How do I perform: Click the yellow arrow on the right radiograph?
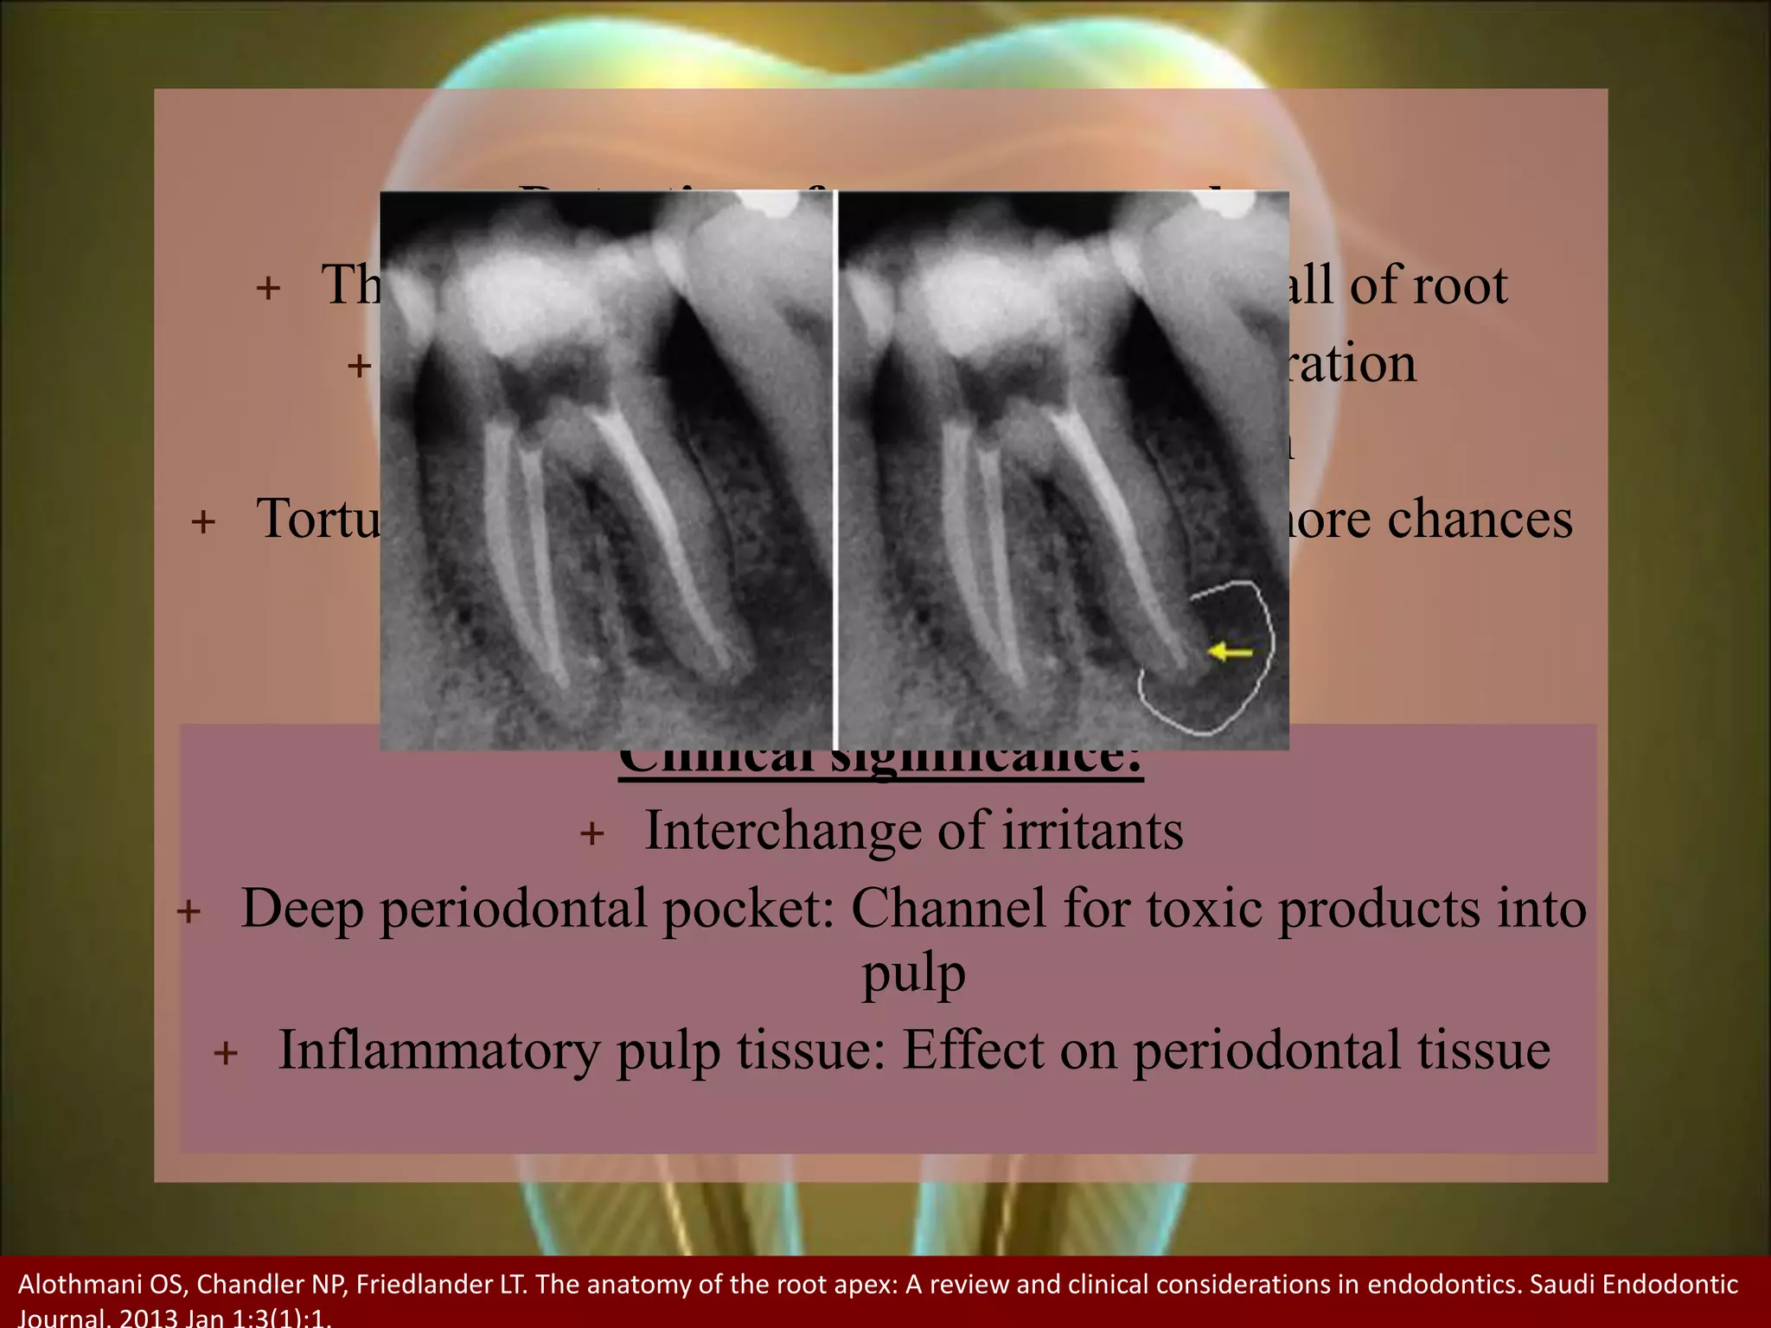pyautogui.click(x=1230, y=651)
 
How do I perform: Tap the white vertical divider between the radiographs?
pyautogui.click(x=835, y=471)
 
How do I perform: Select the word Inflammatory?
pyautogui.click(x=438, y=1050)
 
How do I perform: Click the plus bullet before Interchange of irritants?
pyautogui.click(x=592, y=834)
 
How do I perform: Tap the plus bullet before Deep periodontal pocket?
pyautogui.click(x=189, y=912)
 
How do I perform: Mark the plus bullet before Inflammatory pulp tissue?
pyautogui.click(x=226, y=1054)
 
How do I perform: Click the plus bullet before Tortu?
pyautogui.click(x=203, y=522)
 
